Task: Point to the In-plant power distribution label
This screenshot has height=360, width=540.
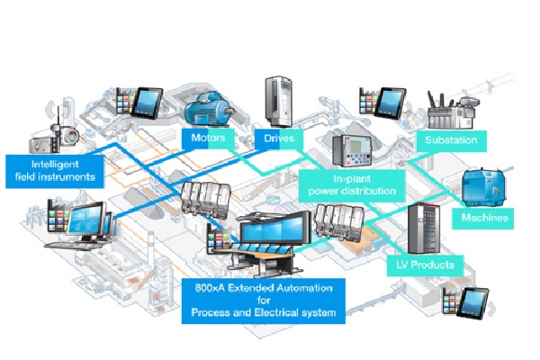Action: (x=350, y=184)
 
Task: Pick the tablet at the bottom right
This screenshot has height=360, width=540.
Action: (x=470, y=303)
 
